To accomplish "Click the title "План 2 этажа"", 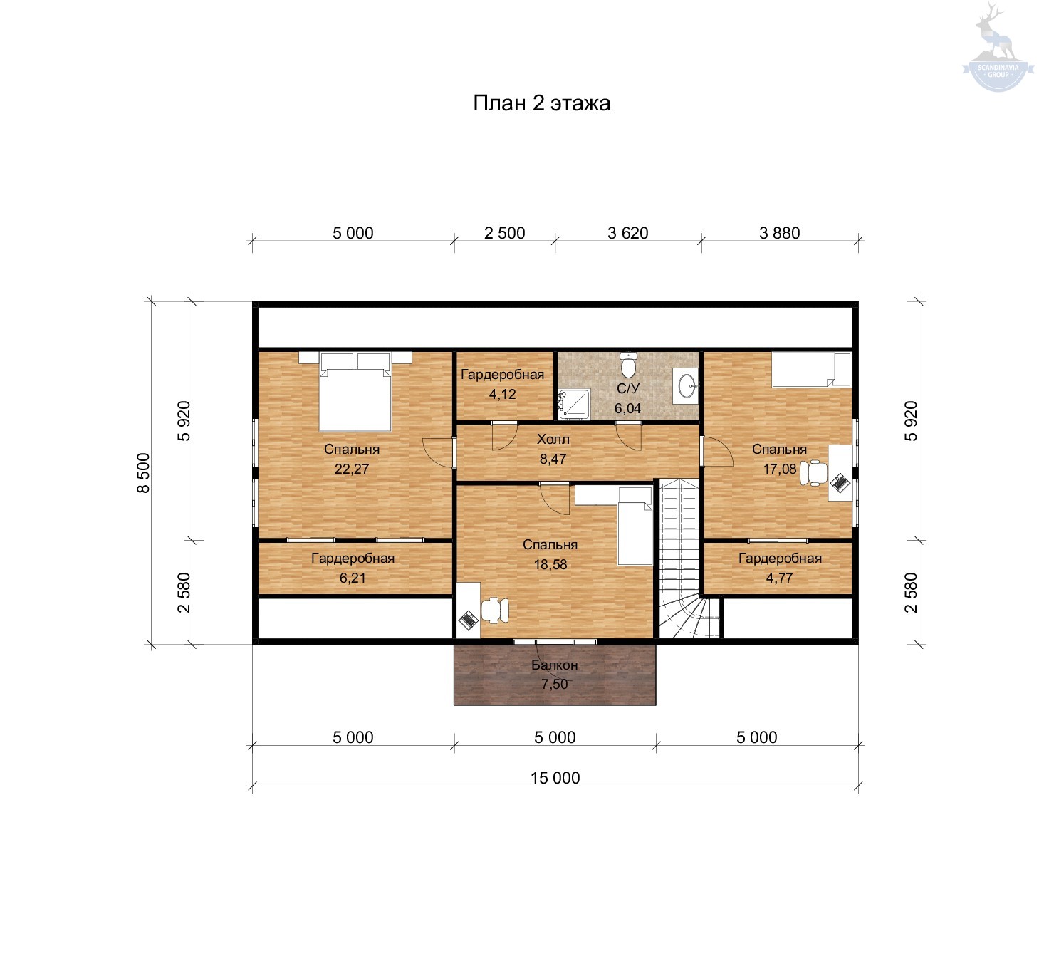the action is click(x=541, y=103).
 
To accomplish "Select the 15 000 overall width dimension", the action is click(x=555, y=778).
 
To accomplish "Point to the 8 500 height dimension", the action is click(x=143, y=472).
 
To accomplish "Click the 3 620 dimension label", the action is click(x=627, y=233).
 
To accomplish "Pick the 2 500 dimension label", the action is click(x=504, y=233).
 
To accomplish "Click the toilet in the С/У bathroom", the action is click(x=629, y=364).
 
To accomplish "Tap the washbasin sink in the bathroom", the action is click(x=686, y=385).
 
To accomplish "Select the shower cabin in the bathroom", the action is click(x=574, y=404).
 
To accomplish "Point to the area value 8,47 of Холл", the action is click(x=553, y=459).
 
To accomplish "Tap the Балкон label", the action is click(x=554, y=665).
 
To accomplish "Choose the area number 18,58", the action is click(x=550, y=564).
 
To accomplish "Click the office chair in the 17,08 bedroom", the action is click(x=814, y=472).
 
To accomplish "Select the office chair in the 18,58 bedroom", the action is click(x=494, y=610).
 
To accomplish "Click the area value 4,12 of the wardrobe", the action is click(x=502, y=394).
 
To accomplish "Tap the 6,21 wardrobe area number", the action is click(x=353, y=578).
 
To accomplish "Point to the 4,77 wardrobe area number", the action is click(x=779, y=578).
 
